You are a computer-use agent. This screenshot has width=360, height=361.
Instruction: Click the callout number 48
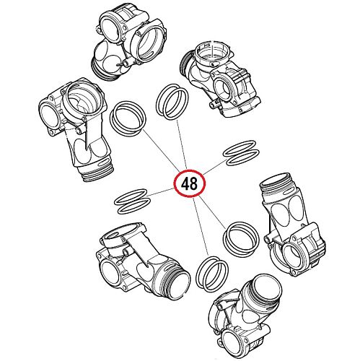tap(189, 184)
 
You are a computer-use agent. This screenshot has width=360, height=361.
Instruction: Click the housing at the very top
tap(130, 41)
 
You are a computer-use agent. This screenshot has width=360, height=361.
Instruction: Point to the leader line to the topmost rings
tap(182, 145)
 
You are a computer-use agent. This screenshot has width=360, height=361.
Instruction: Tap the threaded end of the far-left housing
tap(97, 171)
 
